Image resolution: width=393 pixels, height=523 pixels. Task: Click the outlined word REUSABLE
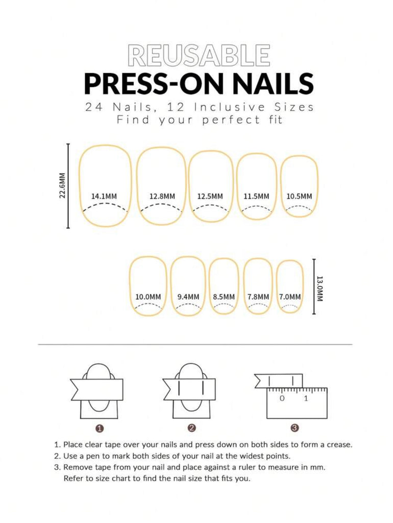[x=199, y=55]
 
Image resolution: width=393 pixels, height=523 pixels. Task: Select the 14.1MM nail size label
[x=104, y=196]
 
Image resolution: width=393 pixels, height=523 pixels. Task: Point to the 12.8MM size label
[x=162, y=196]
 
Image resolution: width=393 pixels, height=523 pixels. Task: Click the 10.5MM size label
[x=299, y=196]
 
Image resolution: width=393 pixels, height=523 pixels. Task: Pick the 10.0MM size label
[x=148, y=297]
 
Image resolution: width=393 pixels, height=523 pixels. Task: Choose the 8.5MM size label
[x=224, y=297]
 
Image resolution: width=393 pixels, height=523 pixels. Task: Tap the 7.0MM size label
[x=290, y=297]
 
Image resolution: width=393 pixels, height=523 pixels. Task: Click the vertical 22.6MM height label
[x=62, y=186]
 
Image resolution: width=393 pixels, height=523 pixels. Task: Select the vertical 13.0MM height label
[x=320, y=289]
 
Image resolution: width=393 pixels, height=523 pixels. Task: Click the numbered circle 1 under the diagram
[x=100, y=428]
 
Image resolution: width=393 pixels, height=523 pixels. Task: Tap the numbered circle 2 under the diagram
[x=191, y=428]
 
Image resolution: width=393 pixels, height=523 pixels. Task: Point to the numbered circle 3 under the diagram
[x=294, y=428]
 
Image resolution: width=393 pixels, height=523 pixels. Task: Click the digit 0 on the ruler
[x=282, y=398]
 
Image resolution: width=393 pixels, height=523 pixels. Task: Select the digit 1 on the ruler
[x=306, y=398]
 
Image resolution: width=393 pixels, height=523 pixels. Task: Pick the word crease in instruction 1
[x=338, y=444]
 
